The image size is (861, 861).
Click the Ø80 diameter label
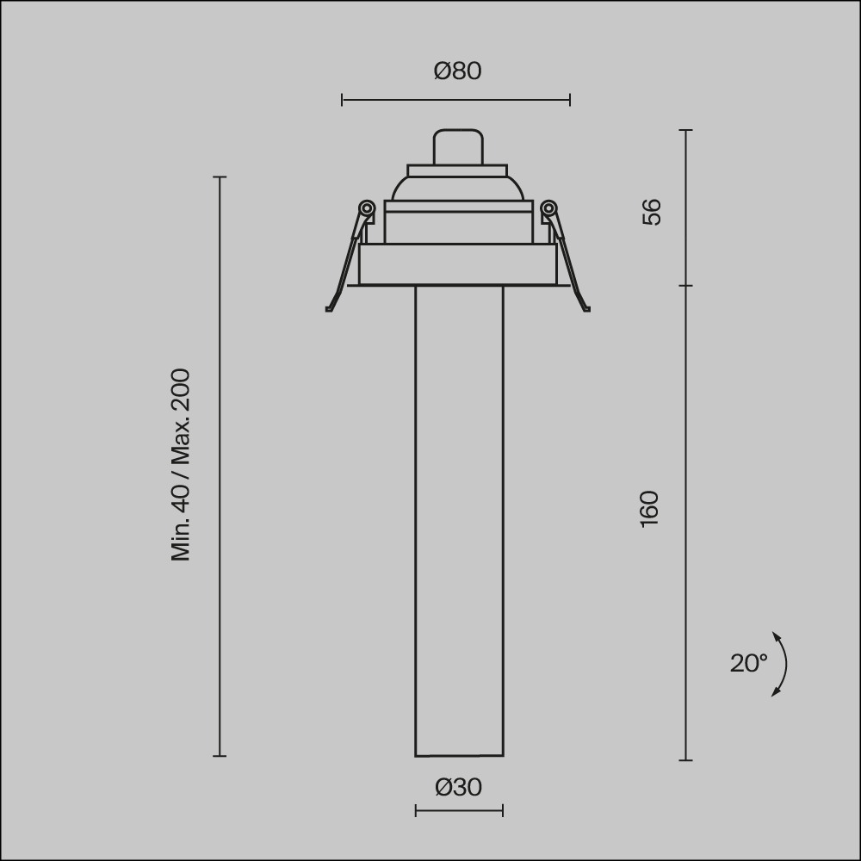(457, 71)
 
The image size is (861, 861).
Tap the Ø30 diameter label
(458, 787)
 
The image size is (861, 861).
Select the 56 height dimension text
(652, 212)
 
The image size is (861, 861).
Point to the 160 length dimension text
(650, 509)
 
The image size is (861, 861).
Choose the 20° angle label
(748, 663)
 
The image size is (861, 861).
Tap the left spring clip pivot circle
(366, 208)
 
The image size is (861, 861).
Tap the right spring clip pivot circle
(548, 208)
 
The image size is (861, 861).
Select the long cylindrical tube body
(459, 517)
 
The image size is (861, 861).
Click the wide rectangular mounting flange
(457, 265)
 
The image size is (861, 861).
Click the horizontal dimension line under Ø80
(455, 101)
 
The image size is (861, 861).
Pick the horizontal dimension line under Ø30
(459, 810)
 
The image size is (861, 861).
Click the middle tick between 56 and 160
(686, 286)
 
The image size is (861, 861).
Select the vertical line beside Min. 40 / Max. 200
(220, 465)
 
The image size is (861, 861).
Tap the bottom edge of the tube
(459, 756)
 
